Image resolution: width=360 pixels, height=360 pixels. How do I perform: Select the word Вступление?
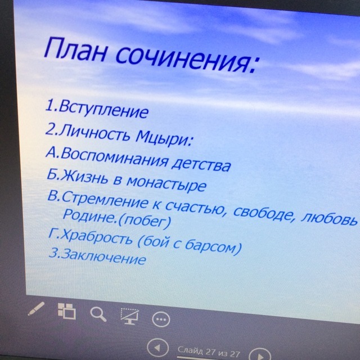(103, 109)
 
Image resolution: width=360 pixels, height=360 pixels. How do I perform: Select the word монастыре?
(166, 183)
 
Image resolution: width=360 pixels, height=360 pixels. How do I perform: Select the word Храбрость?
(97, 236)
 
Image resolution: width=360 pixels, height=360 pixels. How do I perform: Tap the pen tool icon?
(36, 309)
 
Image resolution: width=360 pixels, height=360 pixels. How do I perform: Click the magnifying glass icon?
(98, 314)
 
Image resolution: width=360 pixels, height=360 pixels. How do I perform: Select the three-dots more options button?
(161, 319)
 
